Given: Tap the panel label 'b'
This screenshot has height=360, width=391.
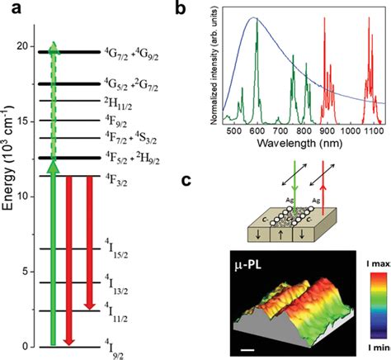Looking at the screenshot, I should coord(208,10).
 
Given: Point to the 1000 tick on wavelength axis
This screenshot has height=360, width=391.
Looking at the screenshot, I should coord(343,140).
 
